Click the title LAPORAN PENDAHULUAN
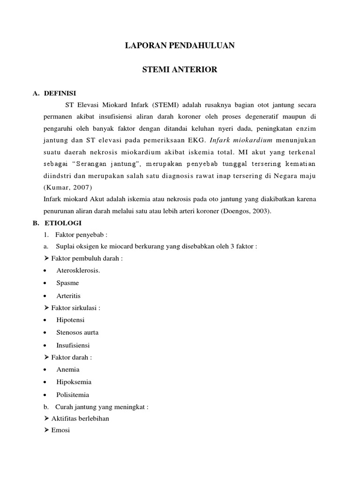pos(180,46)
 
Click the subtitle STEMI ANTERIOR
pos(180,70)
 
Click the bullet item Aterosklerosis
pos(78,270)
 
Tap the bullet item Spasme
pos(67,283)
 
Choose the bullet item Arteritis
pos(68,295)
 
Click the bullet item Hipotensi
pos(70,320)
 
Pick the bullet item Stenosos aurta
pos(77,332)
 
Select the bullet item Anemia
pos(68,369)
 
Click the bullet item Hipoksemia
pos(74,382)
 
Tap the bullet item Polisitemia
pos(73,395)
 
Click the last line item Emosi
pos(60,430)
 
